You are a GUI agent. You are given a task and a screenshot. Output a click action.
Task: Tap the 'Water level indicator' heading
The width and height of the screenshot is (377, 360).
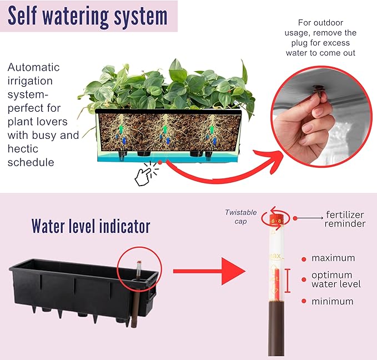(x=91, y=226)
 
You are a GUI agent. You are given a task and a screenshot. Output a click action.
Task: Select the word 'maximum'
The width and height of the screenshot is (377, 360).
(x=333, y=258)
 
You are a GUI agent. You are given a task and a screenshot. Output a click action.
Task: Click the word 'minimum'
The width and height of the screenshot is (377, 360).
(x=332, y=302)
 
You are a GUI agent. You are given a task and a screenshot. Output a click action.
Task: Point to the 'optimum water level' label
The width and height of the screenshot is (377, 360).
(x=335, y=279)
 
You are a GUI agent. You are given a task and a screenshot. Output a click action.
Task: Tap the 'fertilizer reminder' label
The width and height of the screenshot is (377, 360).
(x=345, y=219)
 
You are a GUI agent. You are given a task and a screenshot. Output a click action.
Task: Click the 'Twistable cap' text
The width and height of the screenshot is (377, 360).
(x=240, y=216)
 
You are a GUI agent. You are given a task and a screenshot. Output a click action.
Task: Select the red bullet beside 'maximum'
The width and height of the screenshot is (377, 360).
(x=303, y=258)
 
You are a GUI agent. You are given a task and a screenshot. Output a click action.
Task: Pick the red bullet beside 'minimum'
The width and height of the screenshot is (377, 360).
(x=303, y=301)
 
